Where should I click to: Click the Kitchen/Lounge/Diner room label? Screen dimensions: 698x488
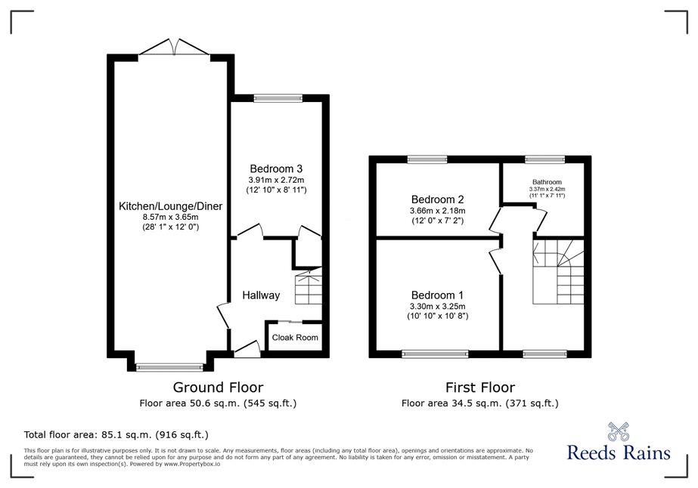pyautogui.click(x=170, y=206)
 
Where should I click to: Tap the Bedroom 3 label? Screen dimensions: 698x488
pyautogui.click(x=276, y=168)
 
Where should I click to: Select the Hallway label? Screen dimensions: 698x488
pyautogui.click(x=261, y=295)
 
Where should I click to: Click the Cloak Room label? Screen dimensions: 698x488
pyautogui.click(x=295, y=337)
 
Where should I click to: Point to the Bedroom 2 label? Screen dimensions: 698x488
pyautogui.click(x=438, y=199)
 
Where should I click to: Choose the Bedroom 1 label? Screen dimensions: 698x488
pyautogui.click(x=437, y=295)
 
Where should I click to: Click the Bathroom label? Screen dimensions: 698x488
pyautogui.click(x=547, y=182)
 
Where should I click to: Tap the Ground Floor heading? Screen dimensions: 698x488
pyautogui.click(x=218, y=388)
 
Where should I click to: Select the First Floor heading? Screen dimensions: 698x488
pyautogui.click(x=480, y=388)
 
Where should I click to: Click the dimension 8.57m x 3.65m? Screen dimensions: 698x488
pyautogui.click(x=170, y=217)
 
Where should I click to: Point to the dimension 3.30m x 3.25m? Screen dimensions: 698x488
pyautogui.click(x=438, y=306)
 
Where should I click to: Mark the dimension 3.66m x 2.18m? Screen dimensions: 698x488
pyautogui.click(x=438, y=211)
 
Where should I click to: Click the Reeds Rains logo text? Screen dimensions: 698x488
pyautogui.click(x=619, y=452)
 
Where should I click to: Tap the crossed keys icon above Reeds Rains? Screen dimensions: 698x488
pyautogui.click(x=619, y=431)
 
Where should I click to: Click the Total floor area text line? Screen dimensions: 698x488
pyautogui.click(x=116, y=434)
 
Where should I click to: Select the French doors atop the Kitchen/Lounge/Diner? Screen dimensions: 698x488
pyautogui.click(x=174, y=47)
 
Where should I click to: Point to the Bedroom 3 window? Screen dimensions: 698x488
pyautogui.click(x=278, y=98)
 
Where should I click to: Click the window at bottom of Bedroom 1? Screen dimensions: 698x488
pyautogui.click(x=435, y=354)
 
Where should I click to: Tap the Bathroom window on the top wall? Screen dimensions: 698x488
pyautogui.click(x=545, y=159)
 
